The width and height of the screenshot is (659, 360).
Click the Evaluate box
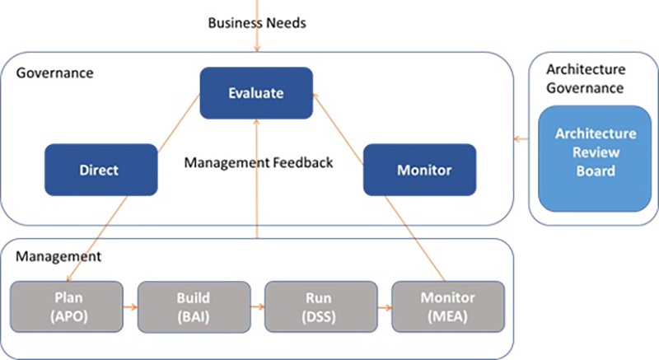[256, 93]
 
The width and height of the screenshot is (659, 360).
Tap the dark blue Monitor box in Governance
[419, 171]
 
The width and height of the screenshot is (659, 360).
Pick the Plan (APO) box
[67, 306]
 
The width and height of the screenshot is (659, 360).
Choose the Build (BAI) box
[194, 306]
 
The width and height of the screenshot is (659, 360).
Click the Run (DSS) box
[320, 306]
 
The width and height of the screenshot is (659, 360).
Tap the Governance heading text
[54, 73]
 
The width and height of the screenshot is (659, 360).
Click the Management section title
[58, 256]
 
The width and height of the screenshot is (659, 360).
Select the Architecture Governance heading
[584, 79]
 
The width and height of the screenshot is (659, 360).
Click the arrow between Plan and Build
[130, 306]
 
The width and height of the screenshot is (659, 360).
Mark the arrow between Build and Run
[257, 306]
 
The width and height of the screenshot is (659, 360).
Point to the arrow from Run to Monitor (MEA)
[383, 306]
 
